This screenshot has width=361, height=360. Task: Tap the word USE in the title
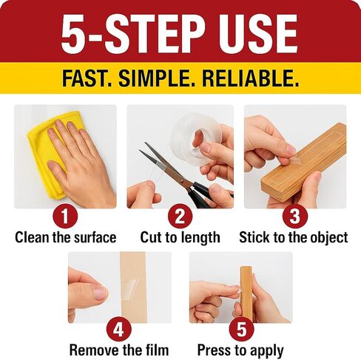pos(258,34)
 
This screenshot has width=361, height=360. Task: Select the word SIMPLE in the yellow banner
pos(157,78)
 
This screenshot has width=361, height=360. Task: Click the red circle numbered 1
pos(65,217)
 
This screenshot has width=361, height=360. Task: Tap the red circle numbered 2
pos(180,217)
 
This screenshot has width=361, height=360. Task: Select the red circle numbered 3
pos(295,217)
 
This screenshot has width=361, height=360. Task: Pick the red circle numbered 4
pos(118,330)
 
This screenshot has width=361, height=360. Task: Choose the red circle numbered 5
pos(241,330)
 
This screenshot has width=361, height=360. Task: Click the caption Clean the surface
pos(66,237)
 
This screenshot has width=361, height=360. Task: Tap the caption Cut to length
pos(180,238)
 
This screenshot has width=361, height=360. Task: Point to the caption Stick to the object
pos(294,238)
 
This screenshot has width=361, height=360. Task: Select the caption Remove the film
pos(119,350)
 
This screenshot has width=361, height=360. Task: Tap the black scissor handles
pos(201,194)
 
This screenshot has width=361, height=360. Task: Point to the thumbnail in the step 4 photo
pos(100,293)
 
